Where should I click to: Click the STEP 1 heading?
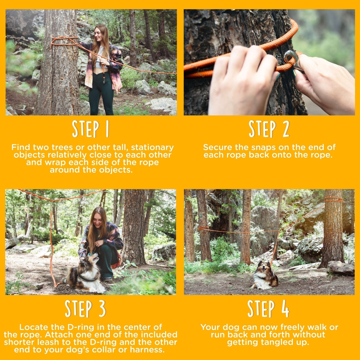point(90,129)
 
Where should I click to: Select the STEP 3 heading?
point(85,308)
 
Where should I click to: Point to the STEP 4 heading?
point(268,308)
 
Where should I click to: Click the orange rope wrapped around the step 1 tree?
point(64,41)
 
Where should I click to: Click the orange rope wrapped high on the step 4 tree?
point(334,199)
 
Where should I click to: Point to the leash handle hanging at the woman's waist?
point(103,73)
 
